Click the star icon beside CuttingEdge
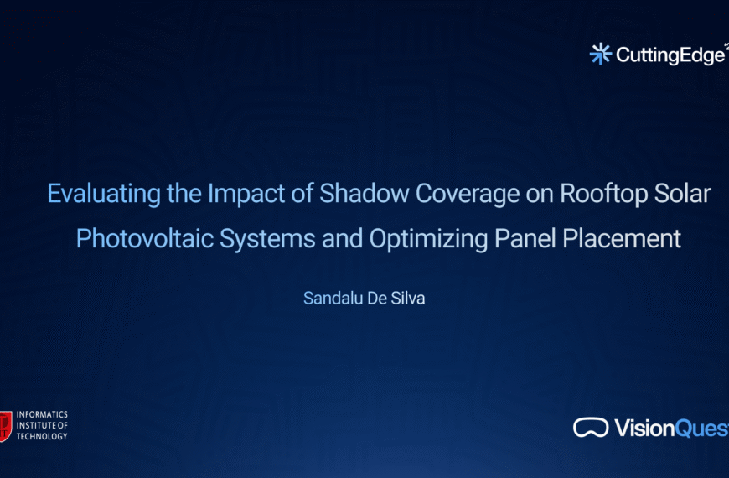point(601,55)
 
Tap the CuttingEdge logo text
point(670,55)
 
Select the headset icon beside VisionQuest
point(591,428)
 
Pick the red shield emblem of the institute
point(6,425)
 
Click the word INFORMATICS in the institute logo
point(42,415)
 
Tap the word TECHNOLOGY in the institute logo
point(42,436)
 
